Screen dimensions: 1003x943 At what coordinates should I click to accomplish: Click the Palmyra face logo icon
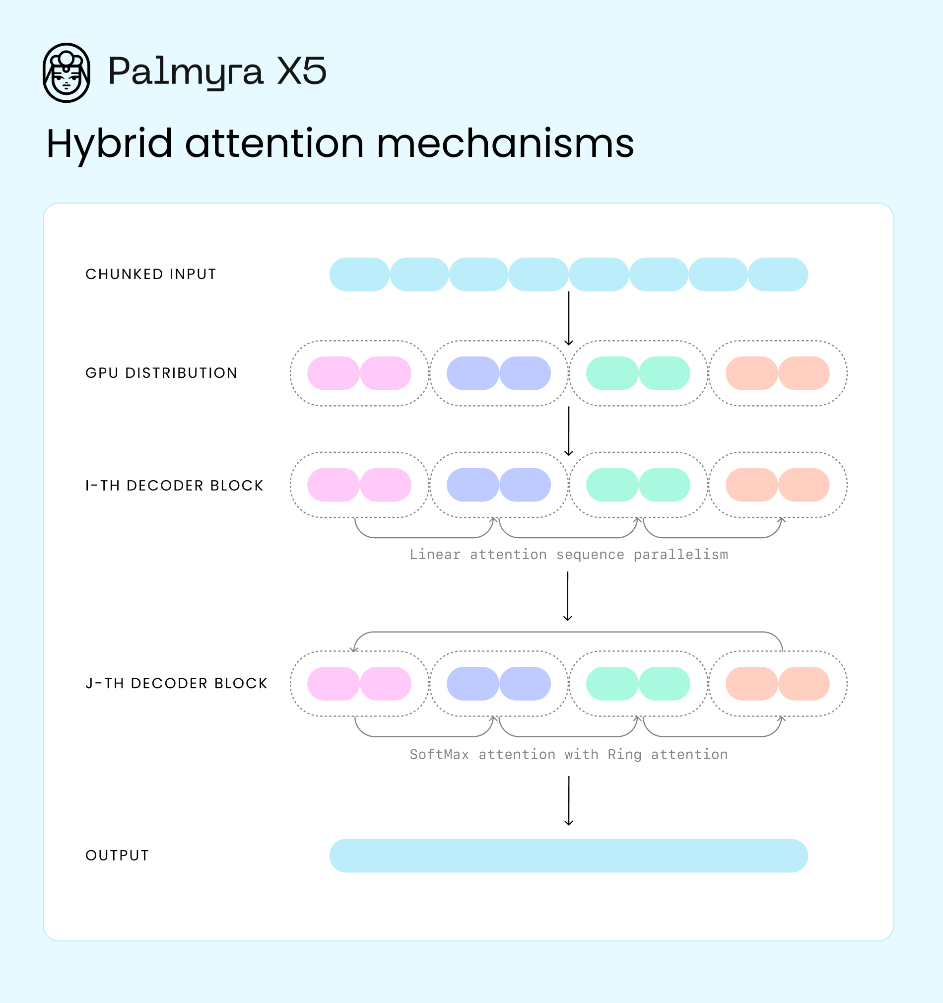point(66,72)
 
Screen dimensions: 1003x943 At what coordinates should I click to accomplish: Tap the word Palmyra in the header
point(185,72)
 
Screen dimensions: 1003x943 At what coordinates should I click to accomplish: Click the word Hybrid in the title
point(109,144)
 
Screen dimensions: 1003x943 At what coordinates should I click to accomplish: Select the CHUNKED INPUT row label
point(151,274)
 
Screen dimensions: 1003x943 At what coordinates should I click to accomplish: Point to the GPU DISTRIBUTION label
point(161,373)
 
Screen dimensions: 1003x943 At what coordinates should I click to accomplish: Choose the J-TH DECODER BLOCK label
point(177,683)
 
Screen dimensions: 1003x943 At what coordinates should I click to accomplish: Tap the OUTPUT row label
point(118,855)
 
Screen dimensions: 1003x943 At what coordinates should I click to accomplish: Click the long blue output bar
point(568,856)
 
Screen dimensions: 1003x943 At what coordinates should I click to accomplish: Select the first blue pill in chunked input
point(359,275)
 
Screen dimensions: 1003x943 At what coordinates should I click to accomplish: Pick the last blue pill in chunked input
point(778,275)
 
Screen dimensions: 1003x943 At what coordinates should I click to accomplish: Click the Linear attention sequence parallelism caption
point(568,555)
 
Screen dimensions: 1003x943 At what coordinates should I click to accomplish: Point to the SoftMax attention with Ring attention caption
point(568,754)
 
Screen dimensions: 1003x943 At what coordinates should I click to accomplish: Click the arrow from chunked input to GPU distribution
point(569,318)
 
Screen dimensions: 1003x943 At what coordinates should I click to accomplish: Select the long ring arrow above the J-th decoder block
point(568,632)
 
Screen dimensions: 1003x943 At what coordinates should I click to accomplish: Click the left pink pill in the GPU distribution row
point(334,373)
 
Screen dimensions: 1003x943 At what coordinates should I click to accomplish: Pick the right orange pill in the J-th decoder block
point(804,684)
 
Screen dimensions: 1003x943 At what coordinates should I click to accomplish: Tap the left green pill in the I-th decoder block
point(612,485)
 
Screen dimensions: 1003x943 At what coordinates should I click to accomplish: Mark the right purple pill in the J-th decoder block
point(525,684)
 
